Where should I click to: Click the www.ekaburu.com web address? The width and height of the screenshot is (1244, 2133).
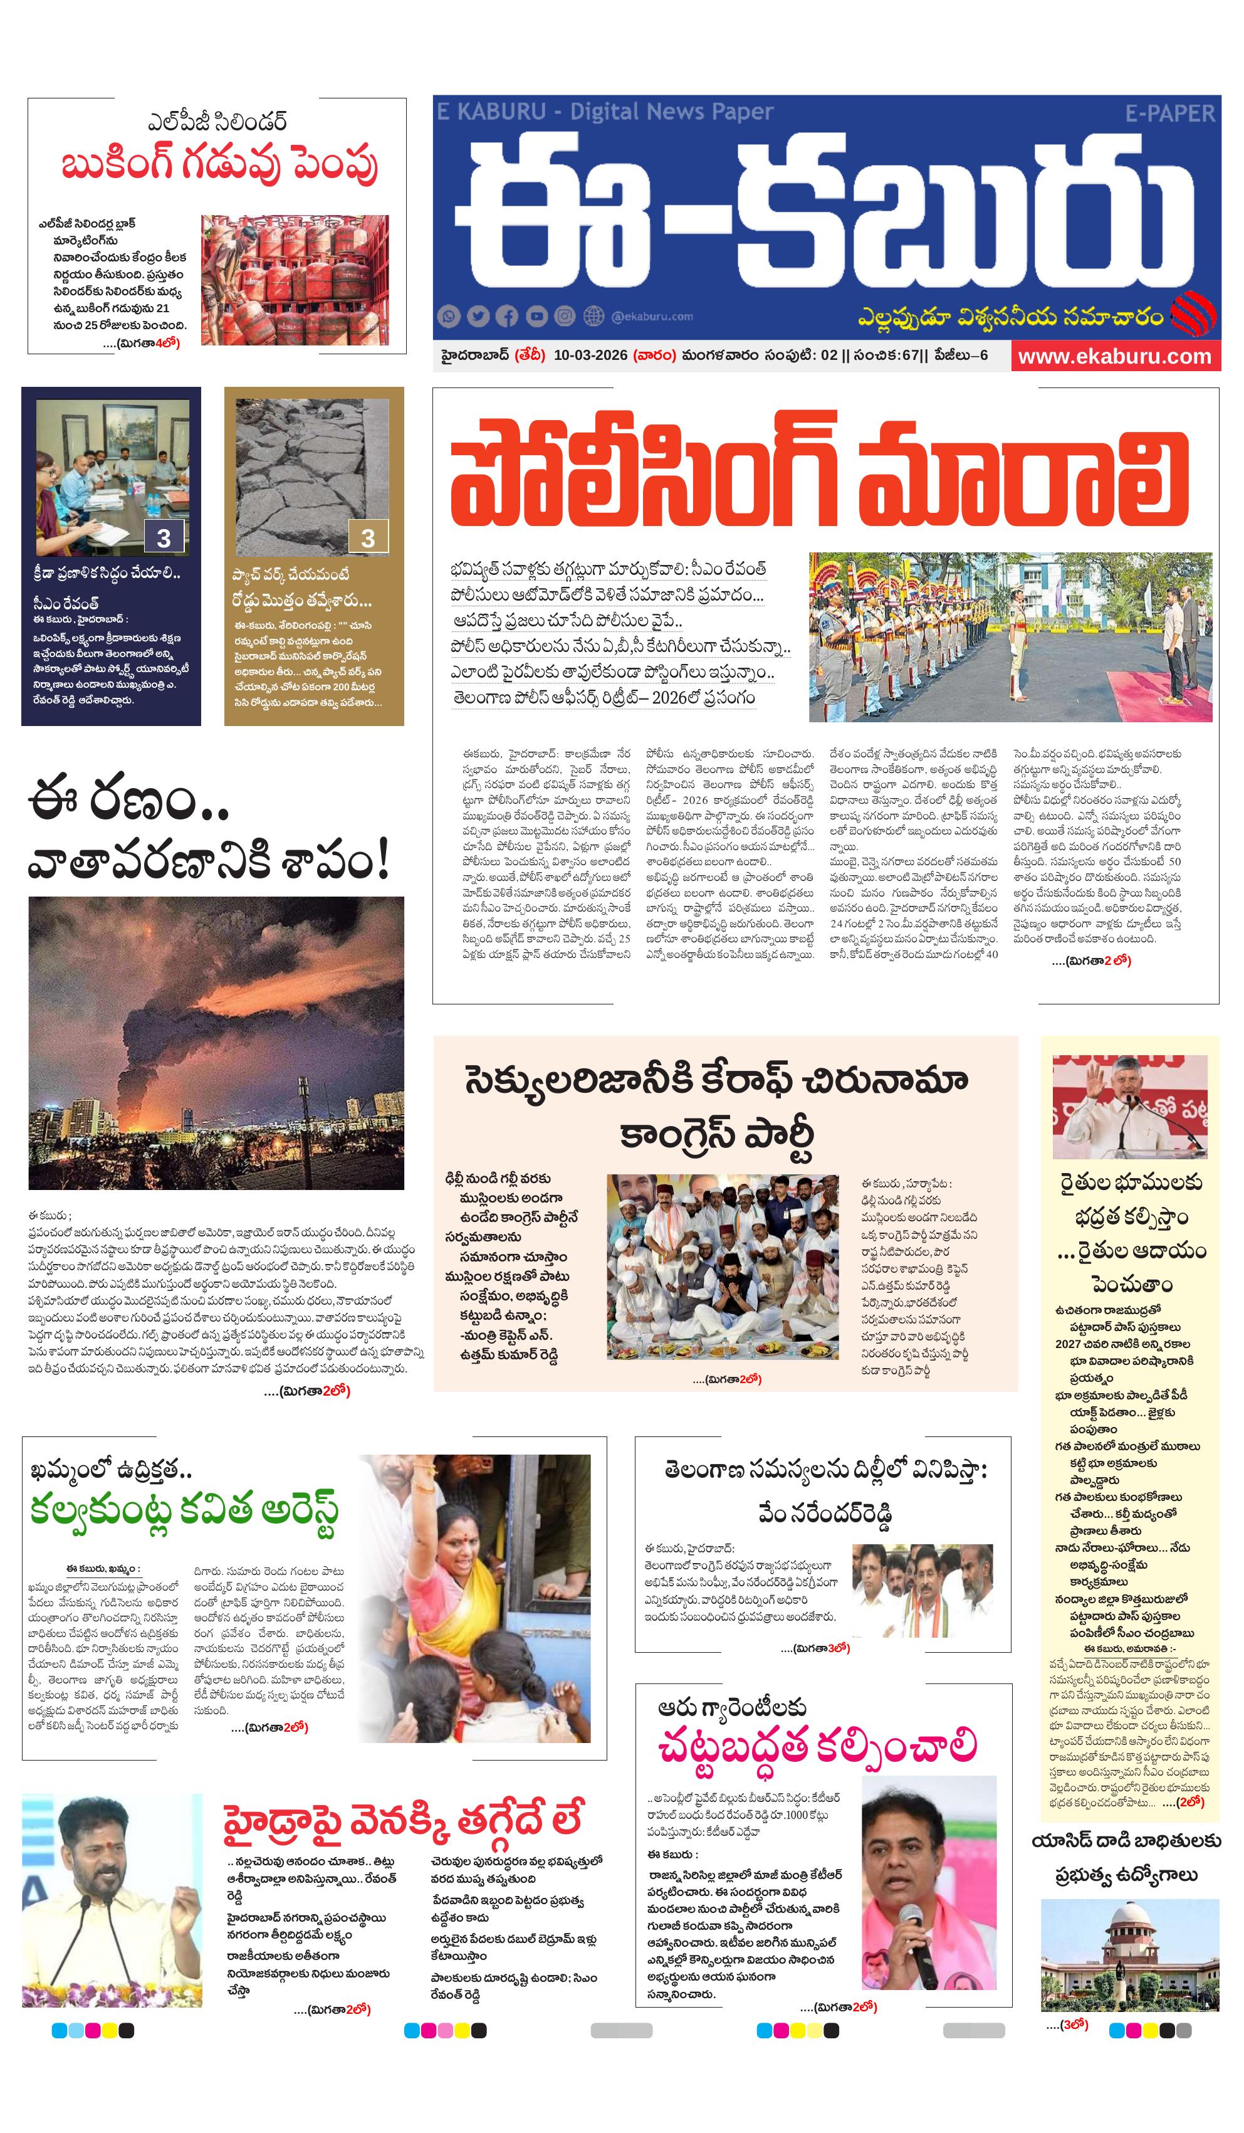pyautogui.click(x=1114, y=356)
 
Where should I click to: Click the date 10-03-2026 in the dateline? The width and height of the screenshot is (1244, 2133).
pyautogui.click(x=590, y=355)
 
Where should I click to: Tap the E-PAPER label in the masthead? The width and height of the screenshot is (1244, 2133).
pyautogui.click(x=1169, y=113)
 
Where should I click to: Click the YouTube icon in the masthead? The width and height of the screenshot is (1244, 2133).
pyautogui.click(x=536, y=317)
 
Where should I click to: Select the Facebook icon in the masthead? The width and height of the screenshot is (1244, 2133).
pyautogui.click(x=507, y=317)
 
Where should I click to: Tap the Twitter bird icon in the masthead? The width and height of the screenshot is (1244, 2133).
pyautogui.click(x=478, y=317)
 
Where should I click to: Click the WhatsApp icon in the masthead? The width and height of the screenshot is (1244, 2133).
pyautogui.click(x=449, y=317)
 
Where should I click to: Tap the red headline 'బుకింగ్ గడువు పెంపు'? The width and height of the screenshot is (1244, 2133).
pyautogui.click(x=218, y=164)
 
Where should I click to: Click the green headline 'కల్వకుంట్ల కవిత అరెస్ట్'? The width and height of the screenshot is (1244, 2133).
pyautogui.click(x=184, y=1512)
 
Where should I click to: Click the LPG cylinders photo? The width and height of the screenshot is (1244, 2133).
pyautogui.click(x=295, y=280)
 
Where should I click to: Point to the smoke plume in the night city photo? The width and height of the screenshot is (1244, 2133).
pyautogui.click(x=195, y=1024)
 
